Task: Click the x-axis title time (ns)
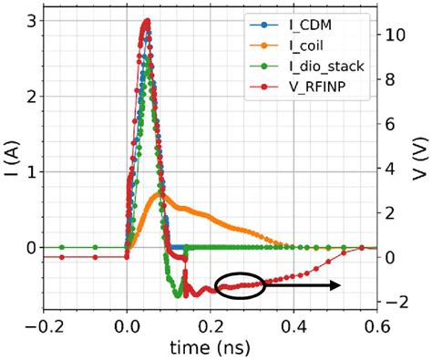[x=211, y=348]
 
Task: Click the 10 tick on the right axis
[x=398, y=35]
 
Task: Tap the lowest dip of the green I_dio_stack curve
[x=178, y=295]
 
